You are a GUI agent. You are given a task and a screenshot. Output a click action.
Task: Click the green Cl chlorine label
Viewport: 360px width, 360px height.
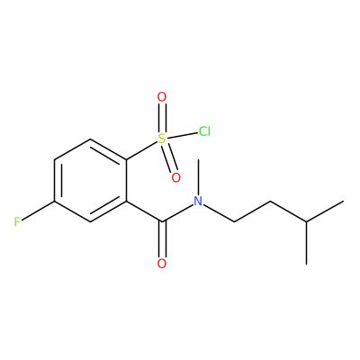(204, 131)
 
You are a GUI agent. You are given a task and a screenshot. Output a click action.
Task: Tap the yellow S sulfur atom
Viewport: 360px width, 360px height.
(162, 139)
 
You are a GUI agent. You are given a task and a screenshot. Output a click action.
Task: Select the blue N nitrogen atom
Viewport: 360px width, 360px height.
(198, 201)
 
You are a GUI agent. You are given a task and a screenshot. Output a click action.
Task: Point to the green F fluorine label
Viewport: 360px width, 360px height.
(17, 222)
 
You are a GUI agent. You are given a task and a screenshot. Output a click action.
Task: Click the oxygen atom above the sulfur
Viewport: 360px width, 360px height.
(162, 97)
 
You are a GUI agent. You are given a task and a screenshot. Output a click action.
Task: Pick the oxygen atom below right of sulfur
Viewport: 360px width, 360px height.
(176, 177)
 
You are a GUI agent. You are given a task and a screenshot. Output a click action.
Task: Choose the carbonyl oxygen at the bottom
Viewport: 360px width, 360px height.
(162, 264)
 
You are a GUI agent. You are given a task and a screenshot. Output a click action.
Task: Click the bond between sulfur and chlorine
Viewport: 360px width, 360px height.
(182, 135)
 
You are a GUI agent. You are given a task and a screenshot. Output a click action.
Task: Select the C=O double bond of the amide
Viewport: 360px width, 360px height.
(162, 239)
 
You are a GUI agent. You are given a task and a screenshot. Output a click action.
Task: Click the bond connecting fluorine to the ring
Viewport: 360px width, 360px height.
(38, 211)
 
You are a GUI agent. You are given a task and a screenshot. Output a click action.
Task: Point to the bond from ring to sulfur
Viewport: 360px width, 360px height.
(141, 150)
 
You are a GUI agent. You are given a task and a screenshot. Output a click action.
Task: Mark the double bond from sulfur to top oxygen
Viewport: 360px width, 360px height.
(162, 118)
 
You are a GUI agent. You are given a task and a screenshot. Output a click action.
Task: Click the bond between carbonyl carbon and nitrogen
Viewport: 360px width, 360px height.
(177, 212)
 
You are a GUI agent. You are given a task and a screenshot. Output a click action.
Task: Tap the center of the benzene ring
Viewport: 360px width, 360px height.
(90, 180)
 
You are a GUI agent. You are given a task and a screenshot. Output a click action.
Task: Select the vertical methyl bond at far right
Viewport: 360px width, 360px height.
(306, 243)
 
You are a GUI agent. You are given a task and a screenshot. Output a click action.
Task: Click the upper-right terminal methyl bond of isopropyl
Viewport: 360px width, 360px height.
(325, 211)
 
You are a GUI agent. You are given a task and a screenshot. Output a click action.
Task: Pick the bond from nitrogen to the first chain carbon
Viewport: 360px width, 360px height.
(219, 213)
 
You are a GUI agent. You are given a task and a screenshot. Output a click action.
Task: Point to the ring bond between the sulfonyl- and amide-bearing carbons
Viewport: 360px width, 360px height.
(126, 180)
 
